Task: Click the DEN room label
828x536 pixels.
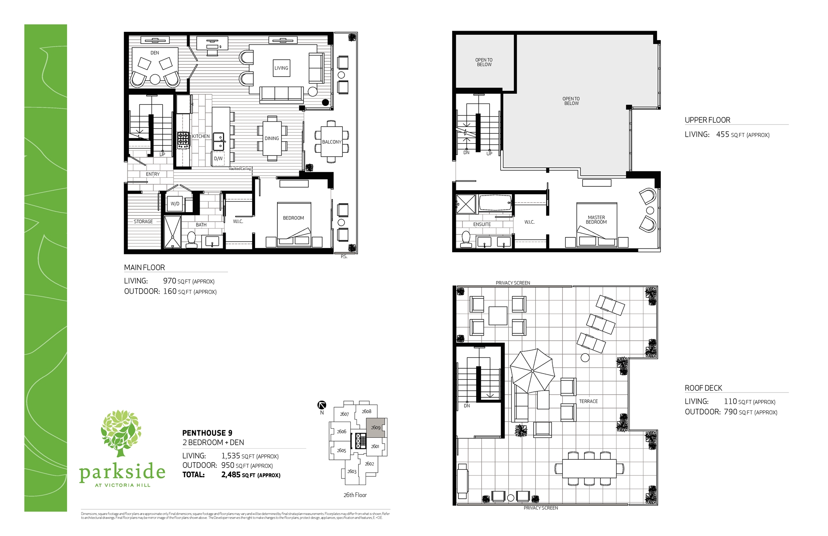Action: (x=154, y=53)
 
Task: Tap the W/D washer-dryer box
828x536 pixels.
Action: (x=175, y=204)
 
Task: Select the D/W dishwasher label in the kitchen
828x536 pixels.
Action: (x=218, y=159)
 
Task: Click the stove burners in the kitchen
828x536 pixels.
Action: (x=183, y=140)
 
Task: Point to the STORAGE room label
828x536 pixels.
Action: (x=143, y=222)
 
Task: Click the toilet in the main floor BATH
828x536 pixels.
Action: (x=191, y=239)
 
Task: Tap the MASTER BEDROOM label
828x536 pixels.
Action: (x=596, y=220)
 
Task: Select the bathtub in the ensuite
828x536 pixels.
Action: (x=495, y=203)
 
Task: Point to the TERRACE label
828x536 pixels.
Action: (x=588, y=401)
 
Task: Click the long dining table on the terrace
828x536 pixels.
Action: (x=589, y=468)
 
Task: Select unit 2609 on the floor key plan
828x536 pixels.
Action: (x=375, y=427)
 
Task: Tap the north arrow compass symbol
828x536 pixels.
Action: (x=322, y=405)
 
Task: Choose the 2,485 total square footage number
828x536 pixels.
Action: (x=231, y=475)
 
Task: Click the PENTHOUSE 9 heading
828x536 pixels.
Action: (x=207, y=433)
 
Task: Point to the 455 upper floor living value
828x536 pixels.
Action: (x=722, y=134)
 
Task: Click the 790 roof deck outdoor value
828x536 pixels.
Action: (x=730, y=412)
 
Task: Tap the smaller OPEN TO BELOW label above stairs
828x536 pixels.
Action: (x=484, y=62)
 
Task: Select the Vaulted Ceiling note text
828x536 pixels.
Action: (x=240, y=169)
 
